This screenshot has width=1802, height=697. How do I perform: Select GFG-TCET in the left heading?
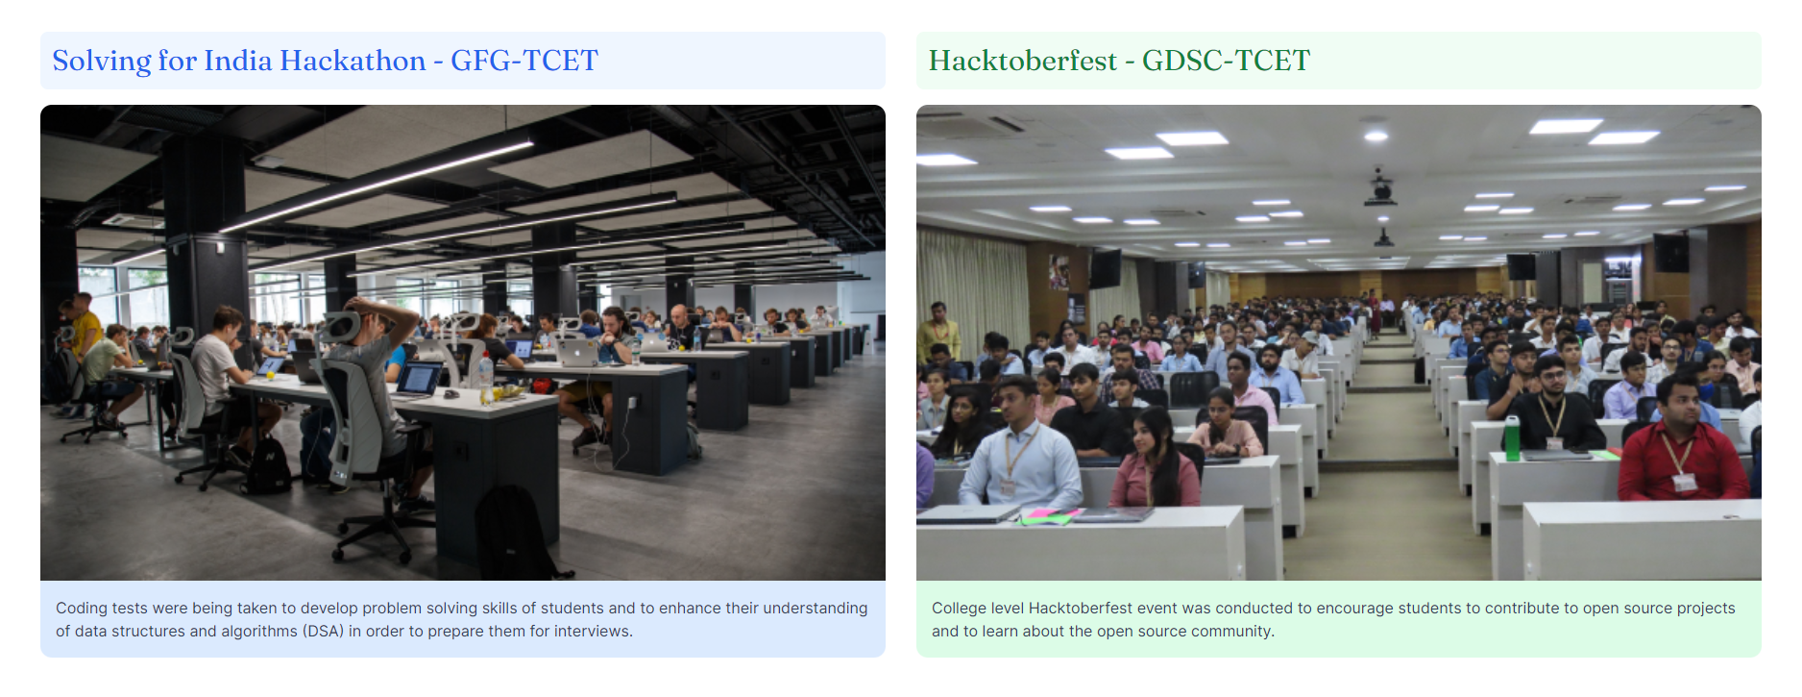[524, 61]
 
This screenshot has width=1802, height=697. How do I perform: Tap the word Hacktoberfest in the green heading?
[1023, 61]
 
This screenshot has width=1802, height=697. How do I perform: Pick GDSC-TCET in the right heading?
[1226, 61]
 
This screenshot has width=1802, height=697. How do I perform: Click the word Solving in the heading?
[102, 62]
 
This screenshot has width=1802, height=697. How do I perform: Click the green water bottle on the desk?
[1512, 437]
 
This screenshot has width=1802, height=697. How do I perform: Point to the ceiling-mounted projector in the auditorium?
[1380, 189]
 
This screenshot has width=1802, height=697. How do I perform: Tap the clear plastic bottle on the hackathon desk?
[486, 378]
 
